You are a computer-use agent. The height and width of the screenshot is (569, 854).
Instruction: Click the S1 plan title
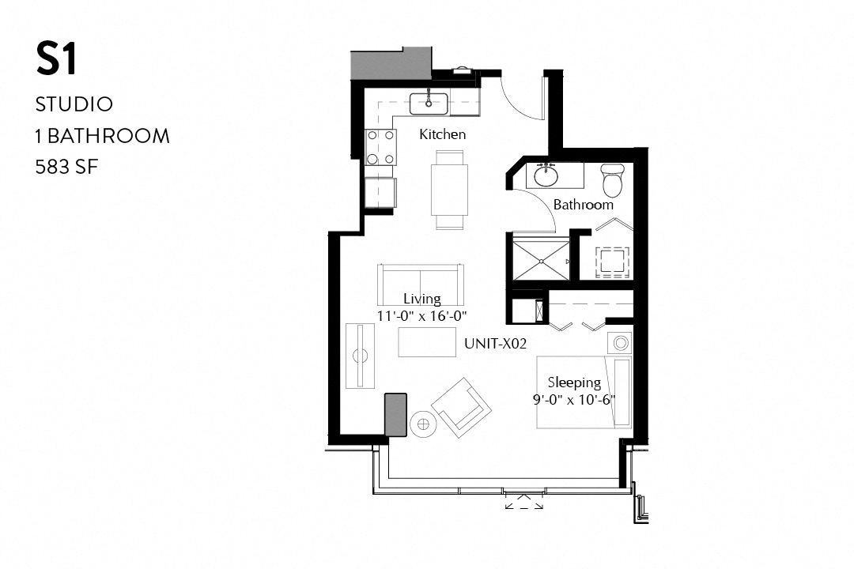pyautogui.click(x=56, y=60)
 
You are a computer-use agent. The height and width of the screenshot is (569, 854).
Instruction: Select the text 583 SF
pyautogui.click(x=66, y=167)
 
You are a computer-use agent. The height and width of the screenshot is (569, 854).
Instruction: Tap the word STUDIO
pyautogui.click(x=74, y=104)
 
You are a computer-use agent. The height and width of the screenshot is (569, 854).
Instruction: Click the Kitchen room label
pyautogui.click(x=442, y=134)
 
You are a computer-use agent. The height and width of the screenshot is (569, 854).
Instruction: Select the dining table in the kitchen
pyautogui.click(x=448, y=190)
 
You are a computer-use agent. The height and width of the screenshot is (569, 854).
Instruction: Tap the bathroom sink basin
pyautogui.click(x=546, y=175)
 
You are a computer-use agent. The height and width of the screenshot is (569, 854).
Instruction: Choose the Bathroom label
pyautogui.click(x=583, y=205)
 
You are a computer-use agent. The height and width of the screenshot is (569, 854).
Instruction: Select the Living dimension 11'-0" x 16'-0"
pyautogui.click(x=422, y=315)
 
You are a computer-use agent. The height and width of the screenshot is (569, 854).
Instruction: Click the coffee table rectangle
pyautogui.click(x=427, y=342)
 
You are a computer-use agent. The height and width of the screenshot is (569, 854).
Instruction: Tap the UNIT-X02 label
pyautogui.click(x=496, y=344)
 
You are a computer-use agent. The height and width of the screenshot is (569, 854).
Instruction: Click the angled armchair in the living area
pyautogui.click(x=461, y=407)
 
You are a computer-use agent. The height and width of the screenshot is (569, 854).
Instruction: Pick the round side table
pyautogui.click(x=423, y=424)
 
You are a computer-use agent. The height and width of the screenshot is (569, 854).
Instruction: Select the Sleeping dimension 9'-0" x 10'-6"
pyautogui.click(x=574, y=399)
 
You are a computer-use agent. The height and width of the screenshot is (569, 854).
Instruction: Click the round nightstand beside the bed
pyautogui.click(x=620, y=343)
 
